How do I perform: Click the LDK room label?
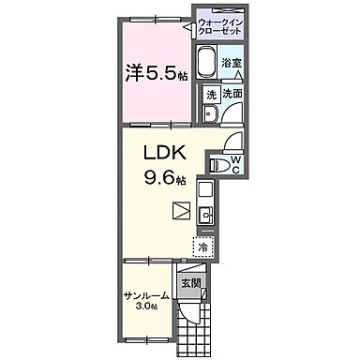click(x=165, y=154)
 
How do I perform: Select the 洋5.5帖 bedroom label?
click(x=157, y=72)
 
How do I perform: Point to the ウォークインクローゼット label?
click(x=220, y=27)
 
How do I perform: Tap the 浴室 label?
click(x=232, y=64)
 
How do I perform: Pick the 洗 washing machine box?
click(x=212, y=95)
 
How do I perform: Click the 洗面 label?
click(x=232, y=94)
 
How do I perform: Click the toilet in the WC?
click(x=217, y=164)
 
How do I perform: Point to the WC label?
click(x=236, y=165)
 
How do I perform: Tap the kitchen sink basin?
click(x=205, y=215)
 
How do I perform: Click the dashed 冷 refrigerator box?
click(x=203, y=247)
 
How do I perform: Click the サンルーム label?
click(x=146, y=295)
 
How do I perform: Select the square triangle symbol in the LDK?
click(x=182, y=210)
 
